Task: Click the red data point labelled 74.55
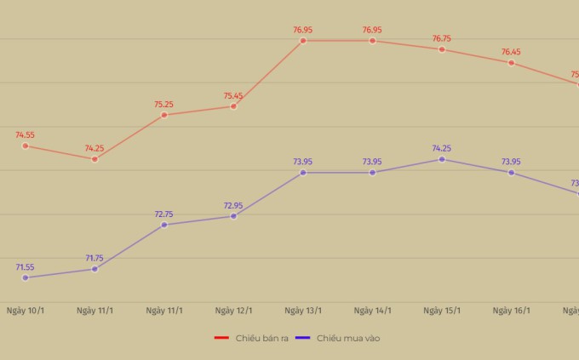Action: (26, 146)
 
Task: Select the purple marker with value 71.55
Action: (26, 277)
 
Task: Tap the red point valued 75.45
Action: (233, 106)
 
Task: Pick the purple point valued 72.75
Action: (164, 225)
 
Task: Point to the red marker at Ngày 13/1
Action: (303, 40)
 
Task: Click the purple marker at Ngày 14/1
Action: (372, 173)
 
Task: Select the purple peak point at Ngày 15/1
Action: (442, 159)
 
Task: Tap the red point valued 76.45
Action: (511, 62)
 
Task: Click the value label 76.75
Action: (442, 38)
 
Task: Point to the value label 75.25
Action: (163, 105)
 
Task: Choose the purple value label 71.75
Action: (95, 258)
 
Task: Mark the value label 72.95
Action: (233, 205)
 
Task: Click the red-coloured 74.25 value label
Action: (95, 148)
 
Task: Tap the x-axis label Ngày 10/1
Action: (26, 311)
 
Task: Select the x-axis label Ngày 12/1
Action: (233, 311)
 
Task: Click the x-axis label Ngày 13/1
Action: (303, 311)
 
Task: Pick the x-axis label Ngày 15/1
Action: (442, 311)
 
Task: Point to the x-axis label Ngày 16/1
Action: (511, 311)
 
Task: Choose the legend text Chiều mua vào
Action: (348, 338)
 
